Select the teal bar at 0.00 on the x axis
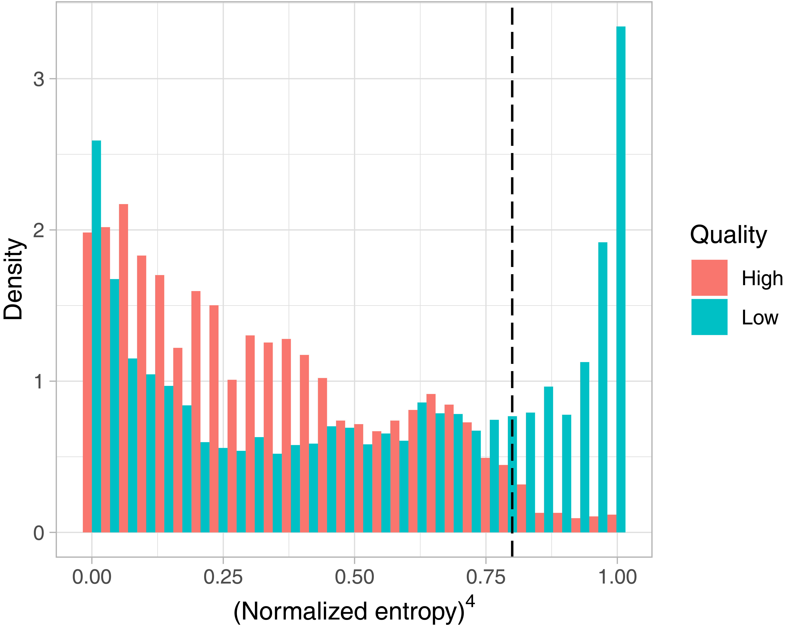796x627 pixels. pyautogui.click(x=96, y=336)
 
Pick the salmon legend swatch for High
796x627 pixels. pyautogui.click(x=709, y=278)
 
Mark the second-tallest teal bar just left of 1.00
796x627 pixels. pyautogui.click(x=603, y=387)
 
